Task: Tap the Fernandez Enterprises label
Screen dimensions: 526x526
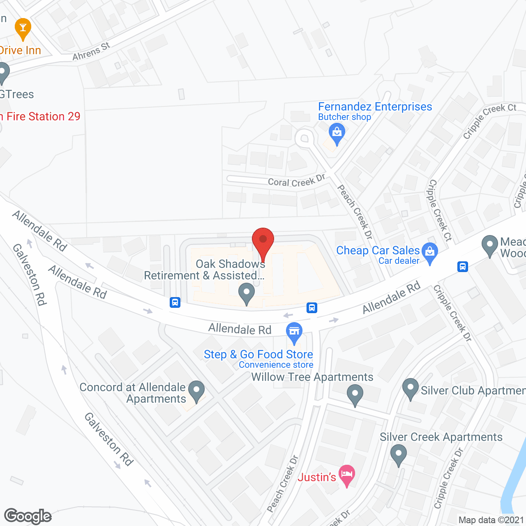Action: [x=375, y=107]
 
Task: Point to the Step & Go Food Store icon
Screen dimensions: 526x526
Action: [x=294, y=331]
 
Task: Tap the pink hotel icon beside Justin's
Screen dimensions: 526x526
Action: [x=347, y=475]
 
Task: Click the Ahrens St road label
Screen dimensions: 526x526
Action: [x=91, y=52]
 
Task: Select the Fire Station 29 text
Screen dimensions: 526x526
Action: [x=43, y=117]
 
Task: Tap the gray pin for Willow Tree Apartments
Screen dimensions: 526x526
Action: [x=355, y=394]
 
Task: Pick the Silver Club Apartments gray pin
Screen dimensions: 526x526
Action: [x=410, y=388]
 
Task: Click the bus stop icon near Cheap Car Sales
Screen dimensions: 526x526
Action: [x=463, y=267]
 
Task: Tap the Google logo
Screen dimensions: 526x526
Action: [x=28, y=516]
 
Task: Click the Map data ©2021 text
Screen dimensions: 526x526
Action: [x=491, y=520]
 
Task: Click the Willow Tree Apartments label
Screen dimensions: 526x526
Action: [x=312, y=377]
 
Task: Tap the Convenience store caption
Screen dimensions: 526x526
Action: [x=276, y=365]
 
